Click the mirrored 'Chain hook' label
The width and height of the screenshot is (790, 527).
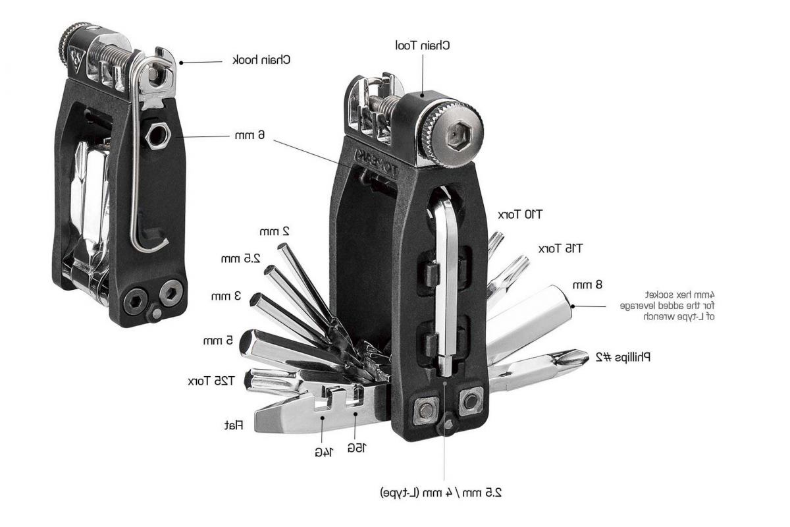tap(262, 60)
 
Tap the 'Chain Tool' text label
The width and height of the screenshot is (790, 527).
tap(422, 45)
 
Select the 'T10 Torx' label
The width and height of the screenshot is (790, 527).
tap(520, 214)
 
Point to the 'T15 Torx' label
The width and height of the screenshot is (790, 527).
tap(560, 248)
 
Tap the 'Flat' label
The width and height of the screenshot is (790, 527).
tap(234, 426)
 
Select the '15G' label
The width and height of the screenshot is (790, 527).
tap(355, 447)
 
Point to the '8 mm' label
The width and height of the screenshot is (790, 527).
tap(588, 285)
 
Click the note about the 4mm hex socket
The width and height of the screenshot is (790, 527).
tap(668, 306)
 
